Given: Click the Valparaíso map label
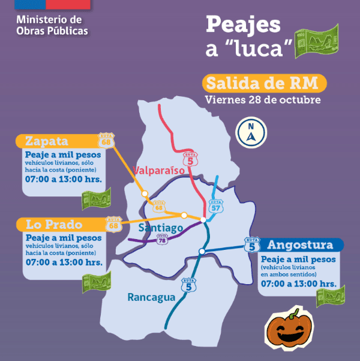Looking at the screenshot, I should click(x=160, y=171).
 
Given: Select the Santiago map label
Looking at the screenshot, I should click(x=160, y=228).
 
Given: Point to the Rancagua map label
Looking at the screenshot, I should click(x=151, y=297).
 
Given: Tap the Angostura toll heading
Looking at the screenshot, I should click(x=299, y=245).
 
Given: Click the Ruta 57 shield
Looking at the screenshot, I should click(x=215, y=206).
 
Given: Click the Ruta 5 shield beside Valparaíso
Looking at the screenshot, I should click(x=191, y=159).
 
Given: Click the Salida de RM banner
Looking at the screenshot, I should click(x=264, y=83).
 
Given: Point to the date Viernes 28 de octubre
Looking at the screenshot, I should click(x=262, y=99).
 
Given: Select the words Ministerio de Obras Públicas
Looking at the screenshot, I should click(x=52, y=26).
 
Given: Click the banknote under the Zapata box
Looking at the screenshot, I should click(x=96, y=198).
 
